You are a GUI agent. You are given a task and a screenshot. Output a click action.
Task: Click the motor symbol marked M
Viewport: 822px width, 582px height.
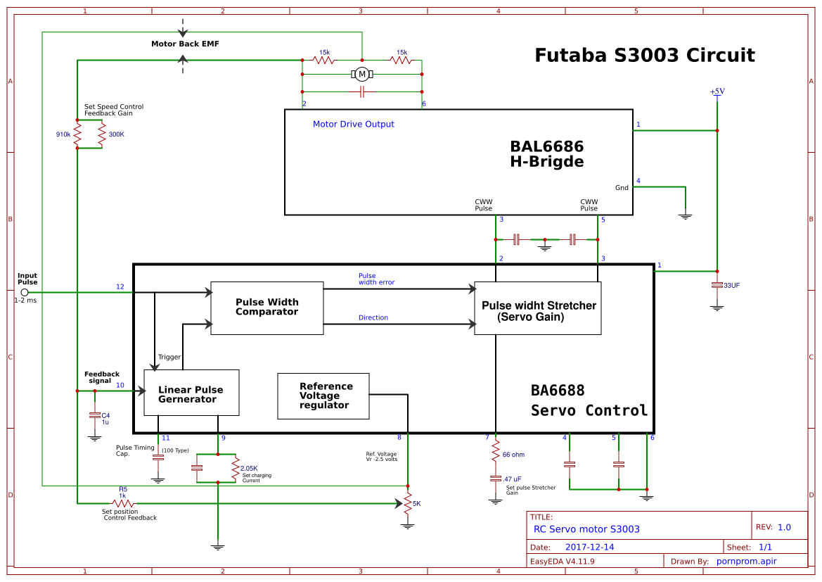pyautogui.click(x=362, y=74)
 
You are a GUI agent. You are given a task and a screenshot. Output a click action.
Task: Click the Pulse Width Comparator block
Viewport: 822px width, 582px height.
pyautogui.click(x=266, y=308)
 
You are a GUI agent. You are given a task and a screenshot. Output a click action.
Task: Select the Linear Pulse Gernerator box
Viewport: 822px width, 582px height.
pyautogui.click(x=191, y=393)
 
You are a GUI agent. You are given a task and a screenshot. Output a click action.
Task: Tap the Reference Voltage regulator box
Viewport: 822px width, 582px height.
pyautogui.click(x=323, y=396)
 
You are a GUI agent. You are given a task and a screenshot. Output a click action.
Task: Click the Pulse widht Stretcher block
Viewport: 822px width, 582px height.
pyautogui.click(x=538, y=308)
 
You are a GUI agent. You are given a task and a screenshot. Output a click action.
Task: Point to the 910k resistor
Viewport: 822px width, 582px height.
pyautogui.click(x=77, y=134)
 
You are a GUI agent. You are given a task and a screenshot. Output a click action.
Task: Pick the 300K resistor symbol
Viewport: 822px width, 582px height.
pyautogui.click(x=103, y=134)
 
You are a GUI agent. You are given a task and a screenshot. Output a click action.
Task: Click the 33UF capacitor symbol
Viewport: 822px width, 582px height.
pyautogui.click(x=717, y=285)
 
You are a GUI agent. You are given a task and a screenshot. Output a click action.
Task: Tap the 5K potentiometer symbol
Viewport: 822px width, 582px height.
pyautogui.click(x=407, y=503)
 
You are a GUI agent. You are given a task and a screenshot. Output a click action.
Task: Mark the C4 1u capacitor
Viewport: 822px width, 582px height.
pyautogui.click(x=95, y=416)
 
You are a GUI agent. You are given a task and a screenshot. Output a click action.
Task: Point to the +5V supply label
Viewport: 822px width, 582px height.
pyautogui.click(x=717, y=91)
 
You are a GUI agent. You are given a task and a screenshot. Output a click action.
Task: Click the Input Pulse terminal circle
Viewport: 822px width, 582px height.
pyautogui.click(x=25, y=291)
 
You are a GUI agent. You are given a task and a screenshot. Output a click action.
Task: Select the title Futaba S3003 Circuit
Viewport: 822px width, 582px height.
pyautogui.click(x=644, y=56)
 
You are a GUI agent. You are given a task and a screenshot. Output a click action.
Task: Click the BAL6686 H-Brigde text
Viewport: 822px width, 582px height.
pyautogui.click(x=546, y=154)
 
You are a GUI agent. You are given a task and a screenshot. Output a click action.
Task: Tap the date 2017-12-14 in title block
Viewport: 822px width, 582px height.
pyautogui.click(x=589, y=547)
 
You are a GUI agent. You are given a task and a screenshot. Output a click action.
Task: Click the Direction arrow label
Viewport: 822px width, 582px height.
pyautogui.click(x=373, y=317)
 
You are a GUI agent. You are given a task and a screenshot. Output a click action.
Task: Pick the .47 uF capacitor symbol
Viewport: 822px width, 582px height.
pyautogui.click(x=496, y=479)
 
